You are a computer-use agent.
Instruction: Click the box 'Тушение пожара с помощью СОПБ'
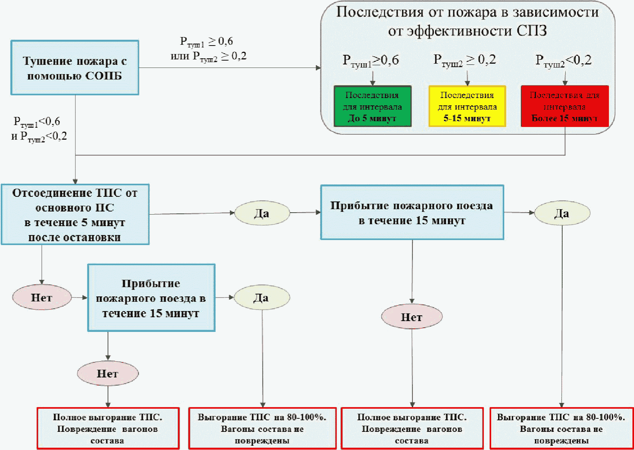click(75, 68)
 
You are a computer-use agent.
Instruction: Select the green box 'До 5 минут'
click(372, 107)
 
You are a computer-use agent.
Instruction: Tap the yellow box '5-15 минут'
click(467, 107)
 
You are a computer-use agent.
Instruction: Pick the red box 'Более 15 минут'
click(564, 107)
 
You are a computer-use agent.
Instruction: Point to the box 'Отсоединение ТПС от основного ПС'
click(75, 215)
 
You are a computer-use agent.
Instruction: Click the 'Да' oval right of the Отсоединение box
click(262, 213)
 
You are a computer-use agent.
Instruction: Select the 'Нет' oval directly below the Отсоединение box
click(42, 298)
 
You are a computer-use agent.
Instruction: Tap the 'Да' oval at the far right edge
click(562, 213)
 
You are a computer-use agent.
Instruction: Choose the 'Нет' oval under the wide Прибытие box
click(412, 317)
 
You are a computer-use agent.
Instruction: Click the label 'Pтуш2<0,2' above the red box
click(563, 61)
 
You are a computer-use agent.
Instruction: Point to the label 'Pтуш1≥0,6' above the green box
click(371, 61)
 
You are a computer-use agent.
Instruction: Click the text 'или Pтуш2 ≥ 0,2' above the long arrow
click(209, 56)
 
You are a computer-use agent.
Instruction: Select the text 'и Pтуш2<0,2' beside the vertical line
click(39, 136)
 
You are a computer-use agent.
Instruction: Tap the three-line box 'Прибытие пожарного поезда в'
click(151, 298)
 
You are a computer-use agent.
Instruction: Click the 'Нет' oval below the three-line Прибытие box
click(107, 373)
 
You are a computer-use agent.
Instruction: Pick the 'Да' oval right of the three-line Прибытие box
click(261, 298)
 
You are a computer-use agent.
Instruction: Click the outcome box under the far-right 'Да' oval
click(561, 428)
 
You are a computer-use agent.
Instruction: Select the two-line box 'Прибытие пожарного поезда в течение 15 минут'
click(412, 213)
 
